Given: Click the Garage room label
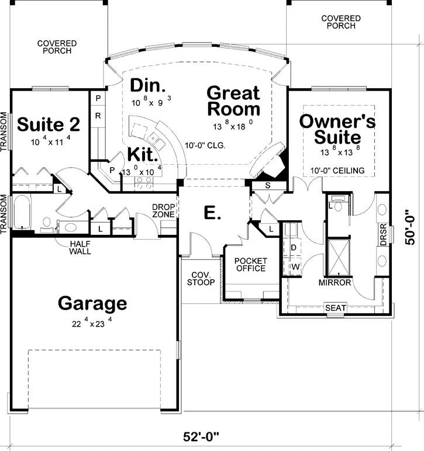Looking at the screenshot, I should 92,303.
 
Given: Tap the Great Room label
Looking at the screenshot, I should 233,101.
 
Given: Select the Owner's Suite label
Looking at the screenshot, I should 336,129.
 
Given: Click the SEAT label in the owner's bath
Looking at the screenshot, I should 336,308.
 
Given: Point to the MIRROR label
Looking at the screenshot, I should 335,283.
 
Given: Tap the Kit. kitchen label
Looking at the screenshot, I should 143,156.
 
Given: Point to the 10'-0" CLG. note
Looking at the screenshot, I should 205,145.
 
